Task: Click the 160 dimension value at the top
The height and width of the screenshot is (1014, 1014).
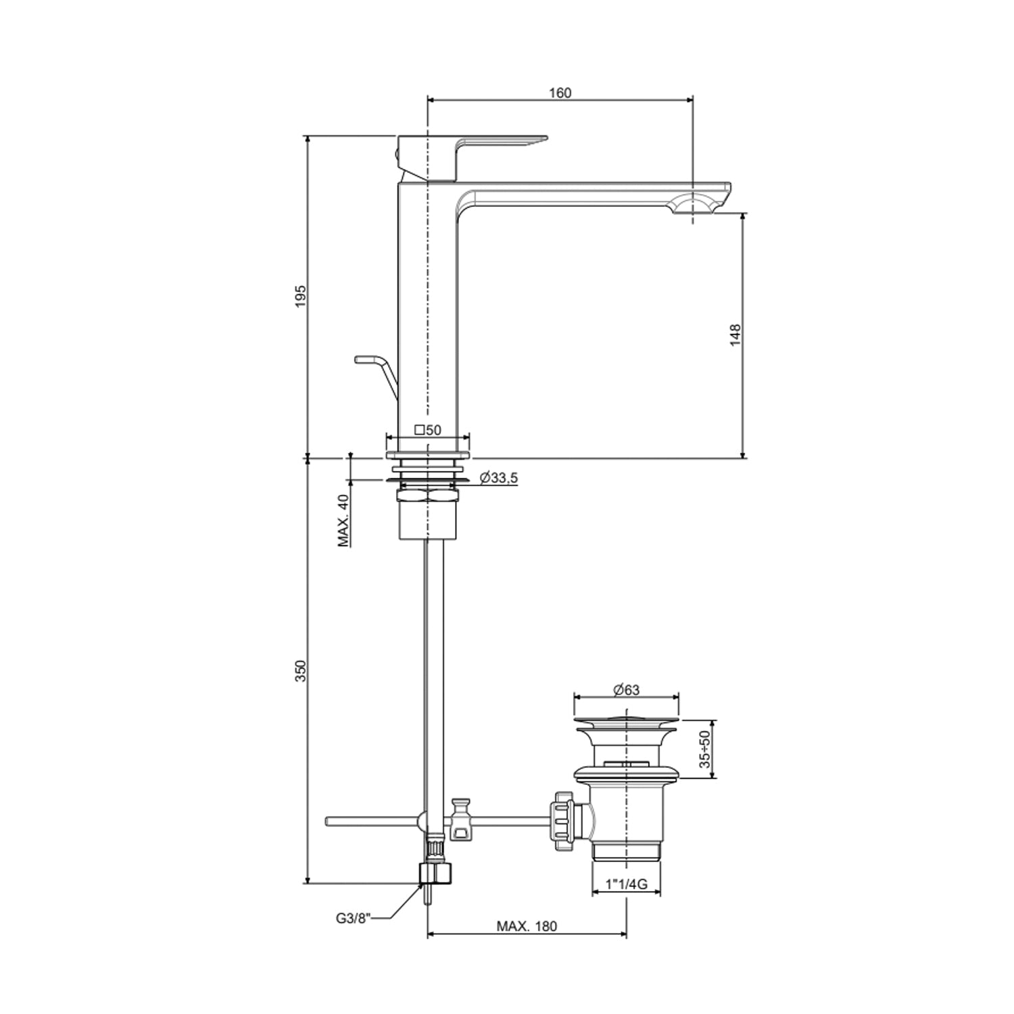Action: pyautogui.click(x=560, y=93)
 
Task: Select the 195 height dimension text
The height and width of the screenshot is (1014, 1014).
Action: pyautogui.click(x=301, y=295)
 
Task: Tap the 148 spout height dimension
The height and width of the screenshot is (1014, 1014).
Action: pyautogui.click(x=735, y=335)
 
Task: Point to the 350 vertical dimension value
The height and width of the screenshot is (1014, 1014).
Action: pyautogui.click(x=301, y=671)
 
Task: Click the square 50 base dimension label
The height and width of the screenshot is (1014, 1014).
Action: pyautogui.click(x=428, y=430)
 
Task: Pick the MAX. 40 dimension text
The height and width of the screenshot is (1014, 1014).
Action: pyautogui.click(x=344, y=520)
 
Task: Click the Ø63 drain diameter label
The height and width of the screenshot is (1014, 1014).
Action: pyautogui.click(x=626, y=690)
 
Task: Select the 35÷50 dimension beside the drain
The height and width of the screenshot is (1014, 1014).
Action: pyautogui.click(x=705, y=749)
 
